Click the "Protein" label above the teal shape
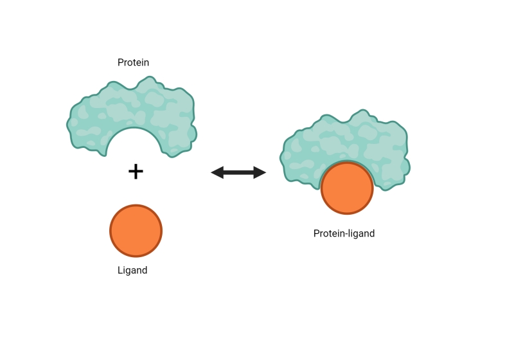pos(133,62)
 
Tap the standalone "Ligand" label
pos(132,271)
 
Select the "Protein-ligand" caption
pos(344,233)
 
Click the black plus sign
pos(136,172)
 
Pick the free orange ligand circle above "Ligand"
pos(136,231)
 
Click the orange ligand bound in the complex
pos(347,188)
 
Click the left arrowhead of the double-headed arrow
pos(217,172)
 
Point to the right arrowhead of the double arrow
pos(260,172)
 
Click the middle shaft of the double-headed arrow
pos(238,172)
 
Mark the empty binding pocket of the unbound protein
pos(134,143)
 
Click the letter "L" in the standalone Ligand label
pos(120,270)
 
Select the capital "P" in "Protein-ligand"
pos(316,233)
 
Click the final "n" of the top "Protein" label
pos(146,63)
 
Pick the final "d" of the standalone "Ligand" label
pos(145,270)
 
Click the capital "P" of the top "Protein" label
pos(120,62)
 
